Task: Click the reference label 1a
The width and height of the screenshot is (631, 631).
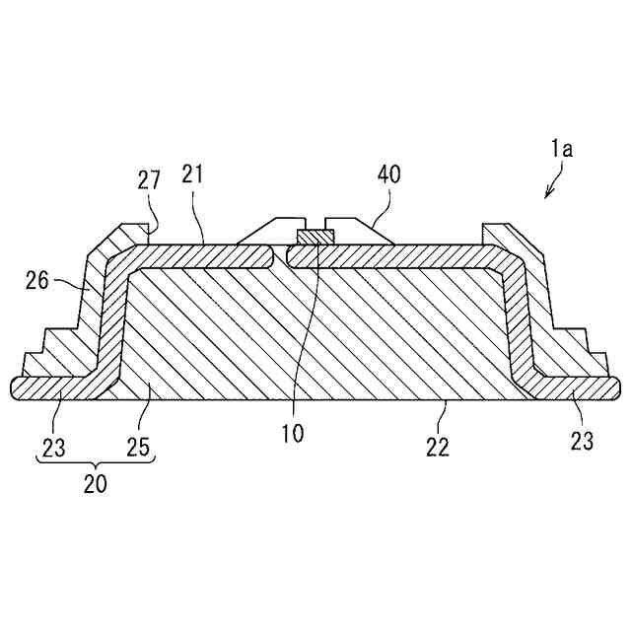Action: (562, 150)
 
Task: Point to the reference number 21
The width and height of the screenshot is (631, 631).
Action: (192, 175)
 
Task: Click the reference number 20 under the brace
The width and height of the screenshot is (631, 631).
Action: (96, 484)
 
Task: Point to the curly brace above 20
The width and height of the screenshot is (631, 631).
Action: (96, 464)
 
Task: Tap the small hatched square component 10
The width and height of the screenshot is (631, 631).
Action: (316, 237)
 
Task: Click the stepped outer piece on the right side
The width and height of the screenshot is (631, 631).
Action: (552, 315)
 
